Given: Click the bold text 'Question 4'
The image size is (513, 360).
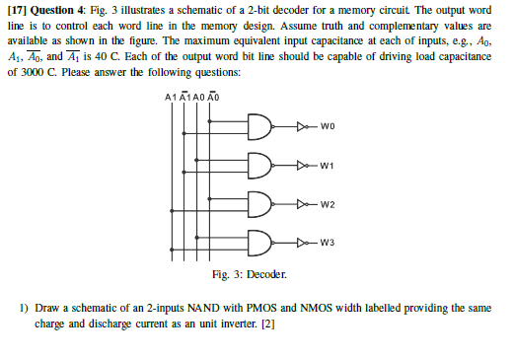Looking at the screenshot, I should (56, 10).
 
